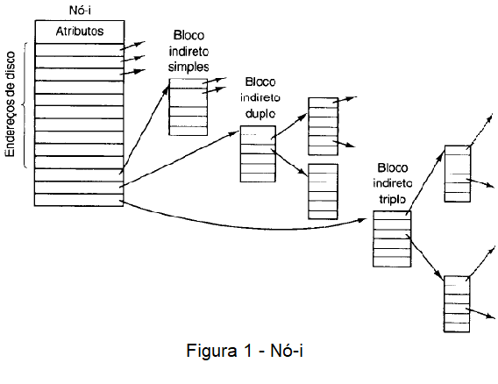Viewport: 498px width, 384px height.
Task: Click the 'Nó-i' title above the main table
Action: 80,11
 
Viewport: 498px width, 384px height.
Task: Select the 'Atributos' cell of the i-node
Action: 80,32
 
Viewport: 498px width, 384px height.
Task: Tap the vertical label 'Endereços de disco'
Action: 11,104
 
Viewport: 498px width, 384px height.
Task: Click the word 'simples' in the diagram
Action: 189,67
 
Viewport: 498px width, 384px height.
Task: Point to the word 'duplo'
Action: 260,113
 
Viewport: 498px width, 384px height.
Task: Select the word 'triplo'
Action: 393,199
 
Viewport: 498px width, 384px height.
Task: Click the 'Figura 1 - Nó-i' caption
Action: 245,351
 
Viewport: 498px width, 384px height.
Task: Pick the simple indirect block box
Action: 188,107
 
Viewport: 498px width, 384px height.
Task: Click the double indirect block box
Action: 258,154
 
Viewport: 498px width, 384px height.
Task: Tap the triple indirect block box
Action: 392,238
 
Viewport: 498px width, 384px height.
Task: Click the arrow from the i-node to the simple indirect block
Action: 145,131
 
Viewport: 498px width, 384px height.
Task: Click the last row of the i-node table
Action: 79,200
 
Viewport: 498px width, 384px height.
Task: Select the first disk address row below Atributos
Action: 80,50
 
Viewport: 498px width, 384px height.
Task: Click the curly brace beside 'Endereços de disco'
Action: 25,105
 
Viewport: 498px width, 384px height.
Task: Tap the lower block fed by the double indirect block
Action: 323,191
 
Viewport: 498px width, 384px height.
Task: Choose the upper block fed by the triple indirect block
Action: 458,174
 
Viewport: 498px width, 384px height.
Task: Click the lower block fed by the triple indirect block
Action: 457,304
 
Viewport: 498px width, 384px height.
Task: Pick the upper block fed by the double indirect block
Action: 323,126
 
